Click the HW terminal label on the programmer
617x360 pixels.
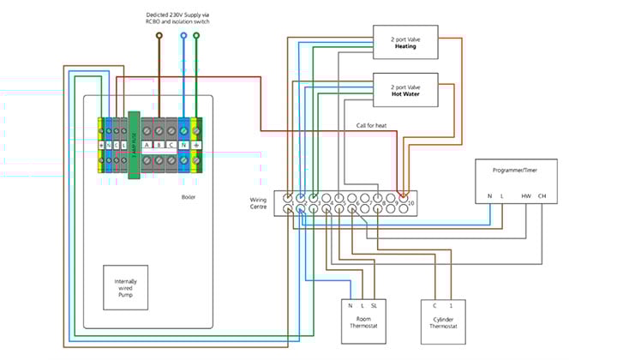point(526,196)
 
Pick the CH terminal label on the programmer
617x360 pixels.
point(542,196)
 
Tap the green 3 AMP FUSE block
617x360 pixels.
point(133,145)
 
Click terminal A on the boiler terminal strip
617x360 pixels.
point(148,145)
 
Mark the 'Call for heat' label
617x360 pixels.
point(374,126)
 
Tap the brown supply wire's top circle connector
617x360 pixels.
point(158,35)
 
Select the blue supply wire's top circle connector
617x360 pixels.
point(183,35)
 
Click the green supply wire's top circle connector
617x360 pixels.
point(196,35)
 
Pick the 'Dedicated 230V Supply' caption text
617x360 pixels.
point(177,15)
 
